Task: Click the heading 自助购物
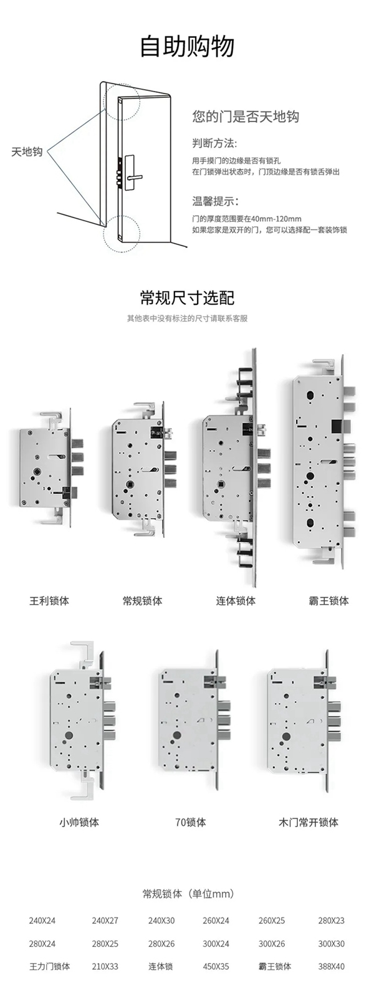coord(187,47)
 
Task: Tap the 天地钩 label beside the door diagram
coord(27,151)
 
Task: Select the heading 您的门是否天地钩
coord(246,117)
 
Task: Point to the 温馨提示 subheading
coord(215,201)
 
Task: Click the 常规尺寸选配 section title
coord(187,297)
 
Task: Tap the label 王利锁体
coord(49,601)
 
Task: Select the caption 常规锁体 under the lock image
coord(142,601)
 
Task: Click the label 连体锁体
coord(236,601)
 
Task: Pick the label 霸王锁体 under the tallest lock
coord(328,601)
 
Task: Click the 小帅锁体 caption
coord(79,822)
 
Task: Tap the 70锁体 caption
coord(190,822)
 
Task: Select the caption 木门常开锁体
coord(309,822)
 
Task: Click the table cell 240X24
coord(42,920)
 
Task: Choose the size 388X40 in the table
coord(331,966)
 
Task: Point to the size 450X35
coord(216,966)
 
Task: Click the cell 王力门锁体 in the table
coord(50,966)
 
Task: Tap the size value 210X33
coord(105,966)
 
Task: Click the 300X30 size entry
coord(331,944)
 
